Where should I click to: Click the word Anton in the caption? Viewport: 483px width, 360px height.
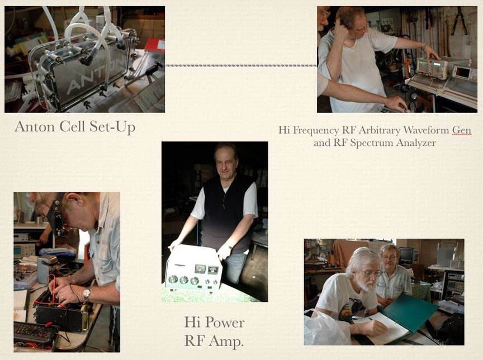pos(35,126)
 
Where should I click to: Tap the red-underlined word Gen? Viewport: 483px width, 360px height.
pos(461,130)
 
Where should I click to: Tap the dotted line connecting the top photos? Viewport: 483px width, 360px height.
pos(241,65)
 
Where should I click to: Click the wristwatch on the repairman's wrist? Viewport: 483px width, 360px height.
pos(86,295)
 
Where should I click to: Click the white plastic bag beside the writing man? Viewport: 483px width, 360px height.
pos(326,328)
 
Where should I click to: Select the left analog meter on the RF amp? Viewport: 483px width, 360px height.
pos(200,269)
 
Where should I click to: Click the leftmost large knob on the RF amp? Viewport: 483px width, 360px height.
pos(173,280)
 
